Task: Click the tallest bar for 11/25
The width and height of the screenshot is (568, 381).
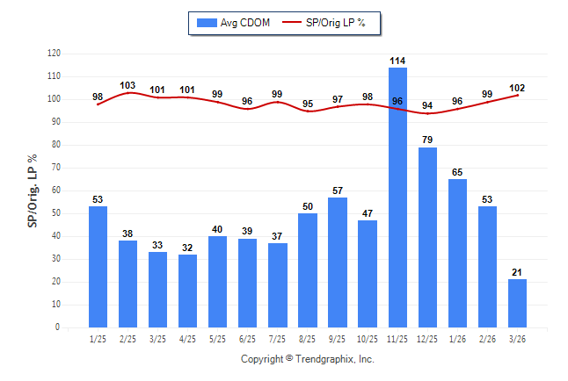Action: point(397,198)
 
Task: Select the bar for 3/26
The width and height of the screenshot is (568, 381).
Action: point(517,303)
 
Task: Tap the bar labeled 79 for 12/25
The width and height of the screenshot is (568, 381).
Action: point(427,237)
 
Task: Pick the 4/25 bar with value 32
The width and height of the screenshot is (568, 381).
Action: point(187,291)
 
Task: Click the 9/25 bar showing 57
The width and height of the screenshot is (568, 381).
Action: point(338,262)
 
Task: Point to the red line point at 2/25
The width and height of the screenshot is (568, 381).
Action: point(127,93)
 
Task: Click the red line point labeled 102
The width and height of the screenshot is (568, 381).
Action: point(517,95)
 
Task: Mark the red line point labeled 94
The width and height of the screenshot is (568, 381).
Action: point(427,113)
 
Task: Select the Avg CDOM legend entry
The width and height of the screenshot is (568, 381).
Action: point(233,23)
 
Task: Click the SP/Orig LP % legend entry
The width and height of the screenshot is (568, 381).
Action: point(324,23)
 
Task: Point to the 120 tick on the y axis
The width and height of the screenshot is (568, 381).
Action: point(54,54)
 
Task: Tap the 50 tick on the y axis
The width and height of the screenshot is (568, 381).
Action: point(55,213)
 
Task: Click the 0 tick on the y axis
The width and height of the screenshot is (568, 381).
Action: point(58,327)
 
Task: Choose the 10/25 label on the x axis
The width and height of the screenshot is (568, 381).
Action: point(368,339)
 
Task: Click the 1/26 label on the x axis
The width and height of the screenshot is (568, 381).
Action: point(457,339)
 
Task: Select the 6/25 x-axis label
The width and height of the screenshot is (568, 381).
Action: point(247,339)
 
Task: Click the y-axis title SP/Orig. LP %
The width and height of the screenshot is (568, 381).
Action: point(33,190)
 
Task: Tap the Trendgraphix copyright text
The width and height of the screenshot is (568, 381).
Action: point(308,359)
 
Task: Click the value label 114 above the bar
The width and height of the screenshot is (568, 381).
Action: point(397,61)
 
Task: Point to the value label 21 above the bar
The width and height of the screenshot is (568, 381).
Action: point(517,272)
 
